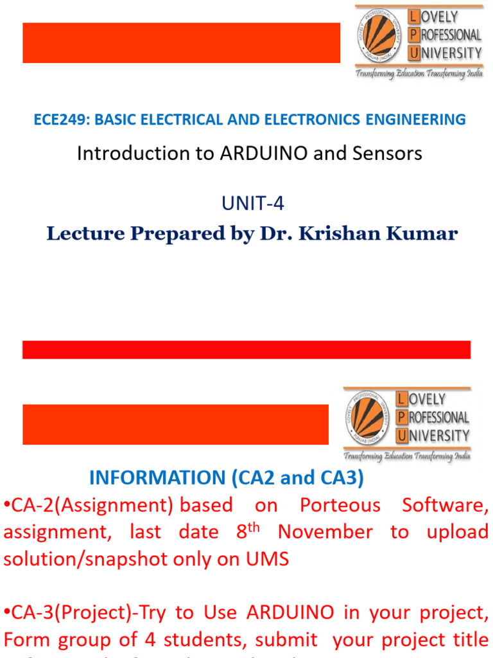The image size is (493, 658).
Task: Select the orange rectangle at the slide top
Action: pyautogui.click(x=181, y=42)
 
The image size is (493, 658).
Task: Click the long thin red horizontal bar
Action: pyautogui.click(x=246, y=350)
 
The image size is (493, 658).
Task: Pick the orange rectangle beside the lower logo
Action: pyautogui.click(x=175, y=424)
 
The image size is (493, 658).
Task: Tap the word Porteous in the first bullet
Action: pyautogui.click(x=340, y=505)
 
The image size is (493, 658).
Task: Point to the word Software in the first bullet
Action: pyautogui.click(x=444, y=505)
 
